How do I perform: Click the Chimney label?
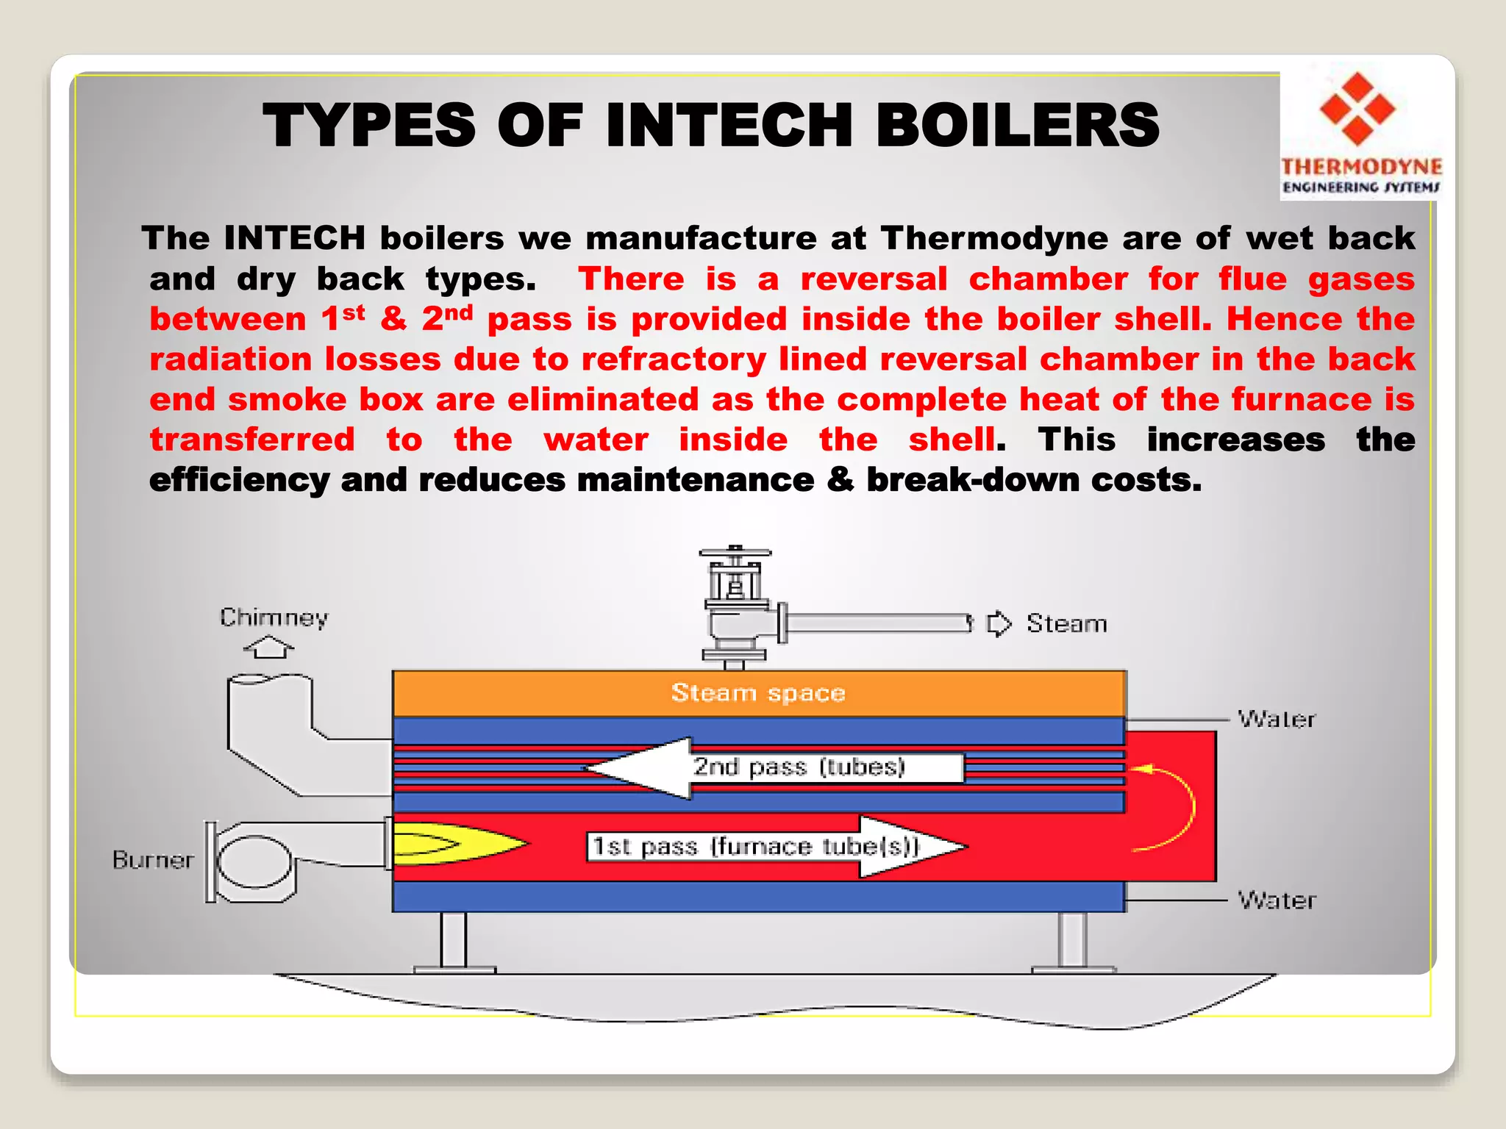(x=274, y=617)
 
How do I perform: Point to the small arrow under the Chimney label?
(x=269, y=648)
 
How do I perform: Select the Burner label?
(x=153, y=860)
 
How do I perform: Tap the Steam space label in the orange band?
(x=758, y=692)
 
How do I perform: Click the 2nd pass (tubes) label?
(x=799, y=767)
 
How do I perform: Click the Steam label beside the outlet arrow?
(x=1066, y=624)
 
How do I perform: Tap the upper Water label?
(x=1277, y=719)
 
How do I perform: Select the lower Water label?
(x=1277, y=900)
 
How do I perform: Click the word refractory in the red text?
(x=674, y=359)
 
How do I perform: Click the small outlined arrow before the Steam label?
(x=999, y=624)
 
